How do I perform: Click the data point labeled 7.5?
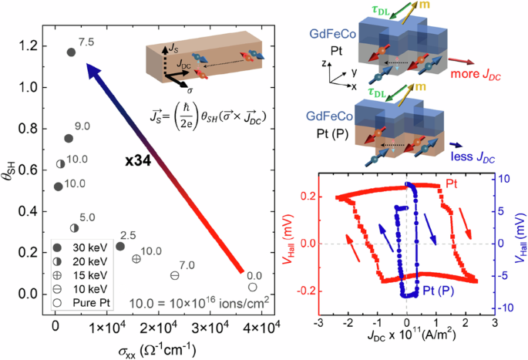[71, 52]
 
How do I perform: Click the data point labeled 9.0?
[68, 139]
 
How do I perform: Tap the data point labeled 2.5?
[119, 246]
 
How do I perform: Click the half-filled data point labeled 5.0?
[75, 228]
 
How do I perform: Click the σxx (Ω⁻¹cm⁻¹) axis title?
[153, 349]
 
